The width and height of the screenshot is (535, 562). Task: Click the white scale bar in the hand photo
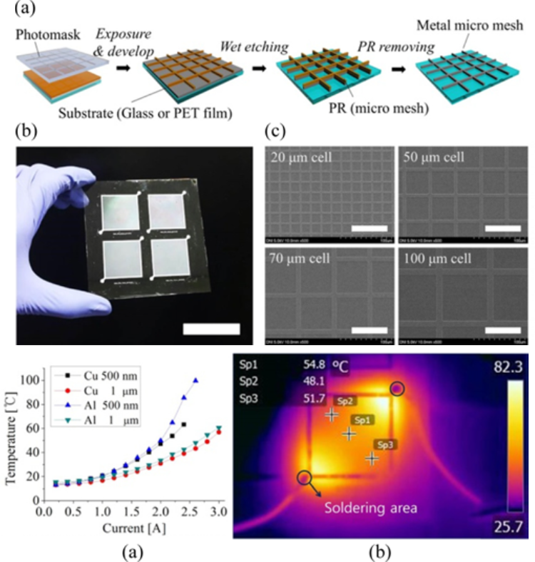pyautogui.click(x=211, y=329)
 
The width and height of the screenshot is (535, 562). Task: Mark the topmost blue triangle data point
pyautogui.click(x=195, y=380)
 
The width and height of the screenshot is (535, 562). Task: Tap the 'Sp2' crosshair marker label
pyautogui.click(x=344, y=402)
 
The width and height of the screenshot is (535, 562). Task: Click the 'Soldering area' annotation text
pyautogui.click(x=370, y=509)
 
